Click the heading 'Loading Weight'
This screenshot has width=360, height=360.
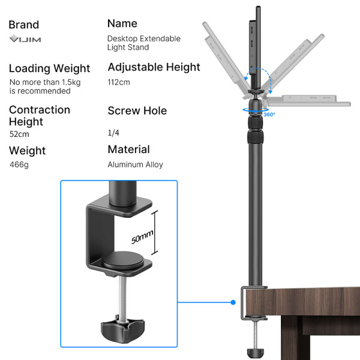point(49,68)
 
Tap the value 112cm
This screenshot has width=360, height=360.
point(119,82)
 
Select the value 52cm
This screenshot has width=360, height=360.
point(20,134)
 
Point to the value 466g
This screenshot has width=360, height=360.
point(19,164)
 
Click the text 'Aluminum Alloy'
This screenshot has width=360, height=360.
point(135,164)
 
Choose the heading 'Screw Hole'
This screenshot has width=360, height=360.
point(137,111)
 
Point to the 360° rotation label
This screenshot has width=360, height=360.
point(269,114)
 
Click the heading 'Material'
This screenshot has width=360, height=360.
point(128,149)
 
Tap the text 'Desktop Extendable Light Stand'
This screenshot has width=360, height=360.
point(143,43)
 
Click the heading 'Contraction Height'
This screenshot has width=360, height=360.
point(39,115)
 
